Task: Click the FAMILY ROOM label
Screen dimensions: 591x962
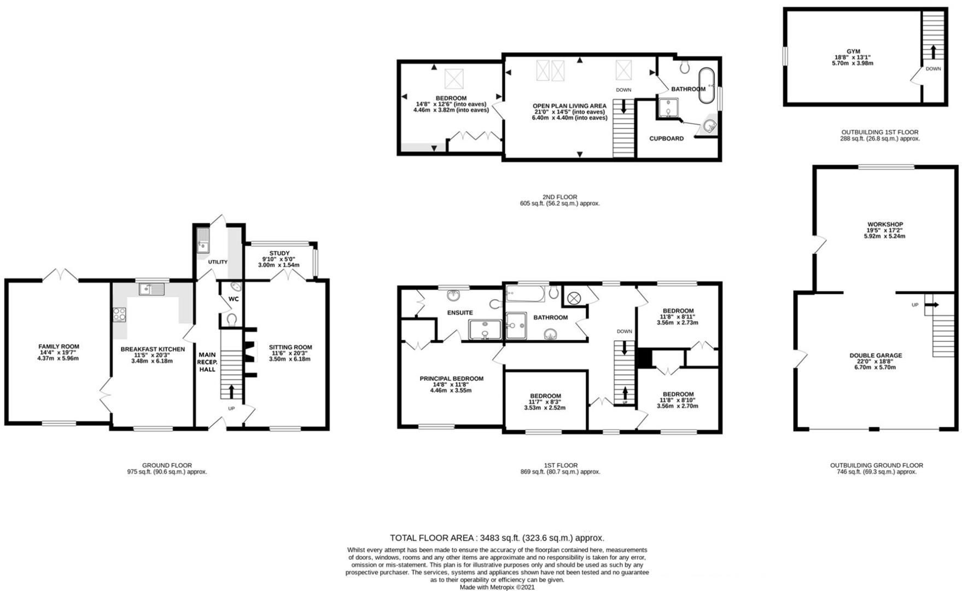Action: (x=59, y=346)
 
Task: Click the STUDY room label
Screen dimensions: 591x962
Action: (x=279, y=253)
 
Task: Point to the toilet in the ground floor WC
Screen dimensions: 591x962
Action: (x=231, y=319)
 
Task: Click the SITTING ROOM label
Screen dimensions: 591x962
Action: (x=290, y=347)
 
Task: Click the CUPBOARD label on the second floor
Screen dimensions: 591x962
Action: (x=666, y=138)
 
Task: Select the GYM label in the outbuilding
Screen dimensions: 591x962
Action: (x=853, y=51)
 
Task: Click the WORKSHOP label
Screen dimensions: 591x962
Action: (x=884, y=224)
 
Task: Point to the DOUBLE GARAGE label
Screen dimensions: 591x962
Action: (x=875, y=355)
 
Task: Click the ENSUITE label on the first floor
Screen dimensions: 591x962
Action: (x=459, y=313)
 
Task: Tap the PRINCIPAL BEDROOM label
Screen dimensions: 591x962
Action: (x=451, y=379)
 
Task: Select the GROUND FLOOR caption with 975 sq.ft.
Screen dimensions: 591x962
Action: (x=167, y=465)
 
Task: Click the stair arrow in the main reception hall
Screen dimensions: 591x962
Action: (x=230, y=391)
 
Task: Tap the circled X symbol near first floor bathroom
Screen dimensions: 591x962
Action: (x=574, y=298)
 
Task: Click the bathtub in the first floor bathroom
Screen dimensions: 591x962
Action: (x=525, y=294)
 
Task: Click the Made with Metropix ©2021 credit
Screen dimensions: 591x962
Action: (x=497, y=587)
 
